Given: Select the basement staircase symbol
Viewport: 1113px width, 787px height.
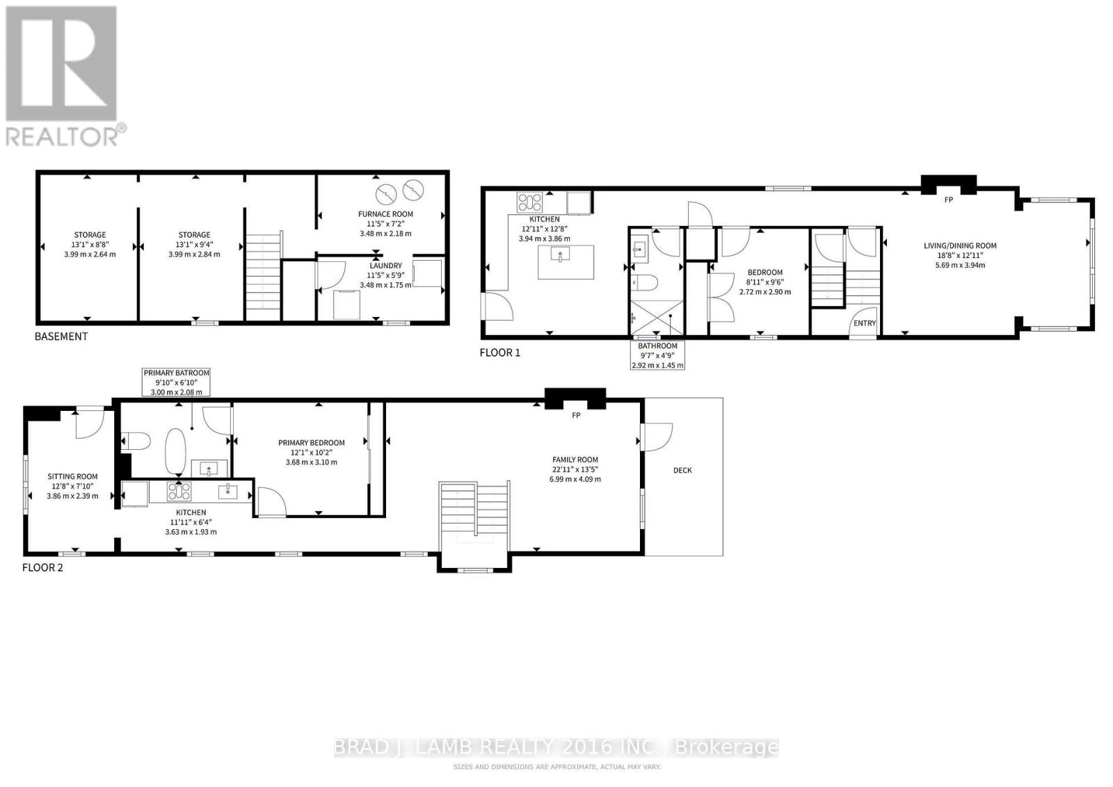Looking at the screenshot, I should (x=263, y=277).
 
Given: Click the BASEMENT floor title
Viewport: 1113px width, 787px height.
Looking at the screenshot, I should (x=61, y=336).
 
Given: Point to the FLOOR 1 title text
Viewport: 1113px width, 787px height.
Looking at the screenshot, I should (x=499, y=352).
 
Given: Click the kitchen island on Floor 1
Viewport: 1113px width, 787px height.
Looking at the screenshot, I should (x=566, y=261).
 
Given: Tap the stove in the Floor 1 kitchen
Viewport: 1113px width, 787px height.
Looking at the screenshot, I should (x=529, y=202).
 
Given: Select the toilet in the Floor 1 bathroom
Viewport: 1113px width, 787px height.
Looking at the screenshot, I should (x=646, y=283).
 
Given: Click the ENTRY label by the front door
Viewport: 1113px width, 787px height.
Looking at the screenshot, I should (x=865, y=323).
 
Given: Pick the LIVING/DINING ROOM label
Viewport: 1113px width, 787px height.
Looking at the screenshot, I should (x=960, y=245).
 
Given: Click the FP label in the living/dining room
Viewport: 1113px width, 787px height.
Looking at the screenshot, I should (x=947, y=200).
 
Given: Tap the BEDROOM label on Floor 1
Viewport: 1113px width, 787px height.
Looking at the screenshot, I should (x=764, y=273).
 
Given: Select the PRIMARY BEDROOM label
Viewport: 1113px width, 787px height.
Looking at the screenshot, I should (x=311, y=443).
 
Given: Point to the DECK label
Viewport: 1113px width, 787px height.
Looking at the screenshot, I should (x=682, y=471).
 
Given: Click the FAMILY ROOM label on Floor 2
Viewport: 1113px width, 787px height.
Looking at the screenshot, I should (x=575, y=460).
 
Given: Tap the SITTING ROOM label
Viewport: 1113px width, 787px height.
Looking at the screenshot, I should (x=72, y=477).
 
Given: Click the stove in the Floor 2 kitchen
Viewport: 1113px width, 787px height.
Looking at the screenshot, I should (x=179, y=492).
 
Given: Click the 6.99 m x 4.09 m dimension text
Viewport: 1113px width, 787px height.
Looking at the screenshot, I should (x=575, y=479).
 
